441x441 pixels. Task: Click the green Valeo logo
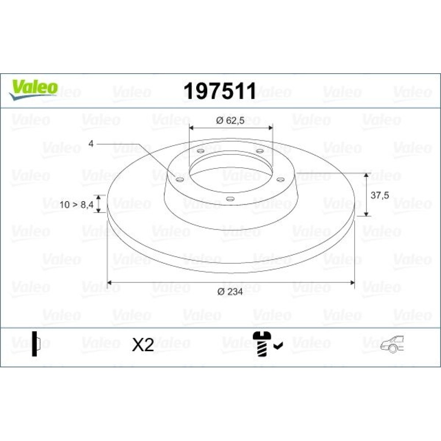(34, 89)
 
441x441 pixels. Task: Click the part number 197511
(220, 91)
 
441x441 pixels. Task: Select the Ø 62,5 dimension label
(230, 121)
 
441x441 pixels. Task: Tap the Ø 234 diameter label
(230, 292)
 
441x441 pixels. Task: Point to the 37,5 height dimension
(380, 195)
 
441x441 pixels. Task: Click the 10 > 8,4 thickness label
(76, 205)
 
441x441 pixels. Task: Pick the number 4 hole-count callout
(91, 144)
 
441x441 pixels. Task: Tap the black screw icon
(262, 344)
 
